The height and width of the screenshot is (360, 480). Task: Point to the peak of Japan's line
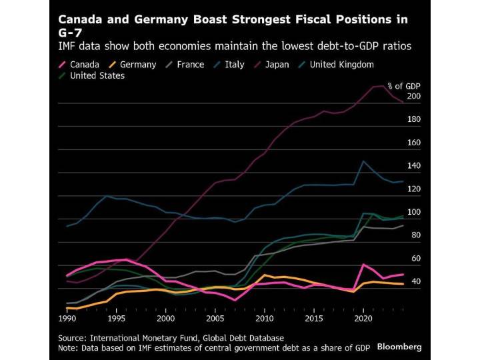381,86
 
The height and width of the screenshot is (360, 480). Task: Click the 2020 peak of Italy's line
363,161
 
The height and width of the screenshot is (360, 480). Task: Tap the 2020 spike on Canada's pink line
363,265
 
